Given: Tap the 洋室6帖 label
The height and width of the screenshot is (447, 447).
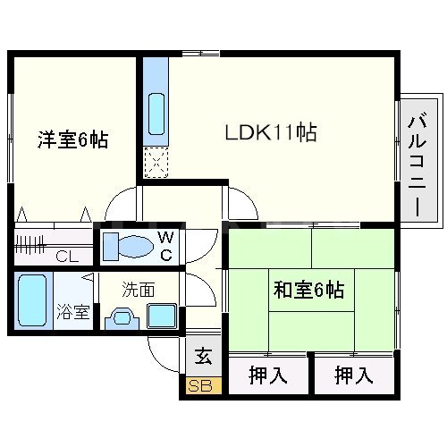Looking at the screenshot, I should pos(72,140).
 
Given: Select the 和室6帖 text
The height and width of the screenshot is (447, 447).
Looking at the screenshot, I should pos(309,290).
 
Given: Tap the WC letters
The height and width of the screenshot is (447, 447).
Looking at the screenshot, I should pos(165,244).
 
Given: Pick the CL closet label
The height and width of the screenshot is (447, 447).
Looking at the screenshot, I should pos(67,257).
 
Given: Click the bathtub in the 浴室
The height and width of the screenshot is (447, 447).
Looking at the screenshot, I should pos(32,301).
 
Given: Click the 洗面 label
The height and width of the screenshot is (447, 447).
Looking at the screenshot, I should pos(139,290).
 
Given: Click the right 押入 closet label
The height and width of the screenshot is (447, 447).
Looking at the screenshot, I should pos(354,376).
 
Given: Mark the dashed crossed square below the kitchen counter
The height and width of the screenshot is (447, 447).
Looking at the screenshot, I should pos(156,163).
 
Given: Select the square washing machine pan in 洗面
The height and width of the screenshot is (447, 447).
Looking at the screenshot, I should pos(162,316).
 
